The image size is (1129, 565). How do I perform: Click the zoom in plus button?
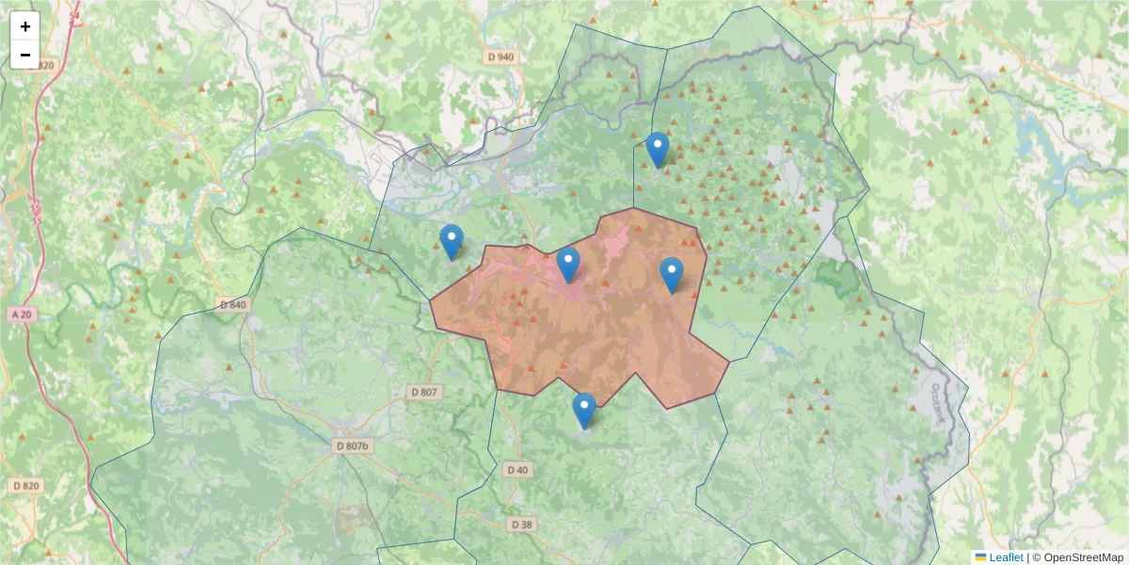24,26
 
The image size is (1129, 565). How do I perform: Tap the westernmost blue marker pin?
452,241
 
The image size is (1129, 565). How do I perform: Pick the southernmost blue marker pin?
584,410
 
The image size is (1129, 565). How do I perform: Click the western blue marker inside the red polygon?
568,264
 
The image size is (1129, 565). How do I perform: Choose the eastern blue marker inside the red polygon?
672,274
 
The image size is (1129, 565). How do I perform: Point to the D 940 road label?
501,56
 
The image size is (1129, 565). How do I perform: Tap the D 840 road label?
232,304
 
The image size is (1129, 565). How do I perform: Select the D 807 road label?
424,392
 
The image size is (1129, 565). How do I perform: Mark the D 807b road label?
353,445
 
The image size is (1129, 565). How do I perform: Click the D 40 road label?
517,469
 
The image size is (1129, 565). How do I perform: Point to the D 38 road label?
521,525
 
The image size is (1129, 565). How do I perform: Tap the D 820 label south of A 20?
26,486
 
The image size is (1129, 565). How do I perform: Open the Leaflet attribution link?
1006,557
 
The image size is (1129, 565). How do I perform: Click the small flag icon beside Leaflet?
980,557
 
